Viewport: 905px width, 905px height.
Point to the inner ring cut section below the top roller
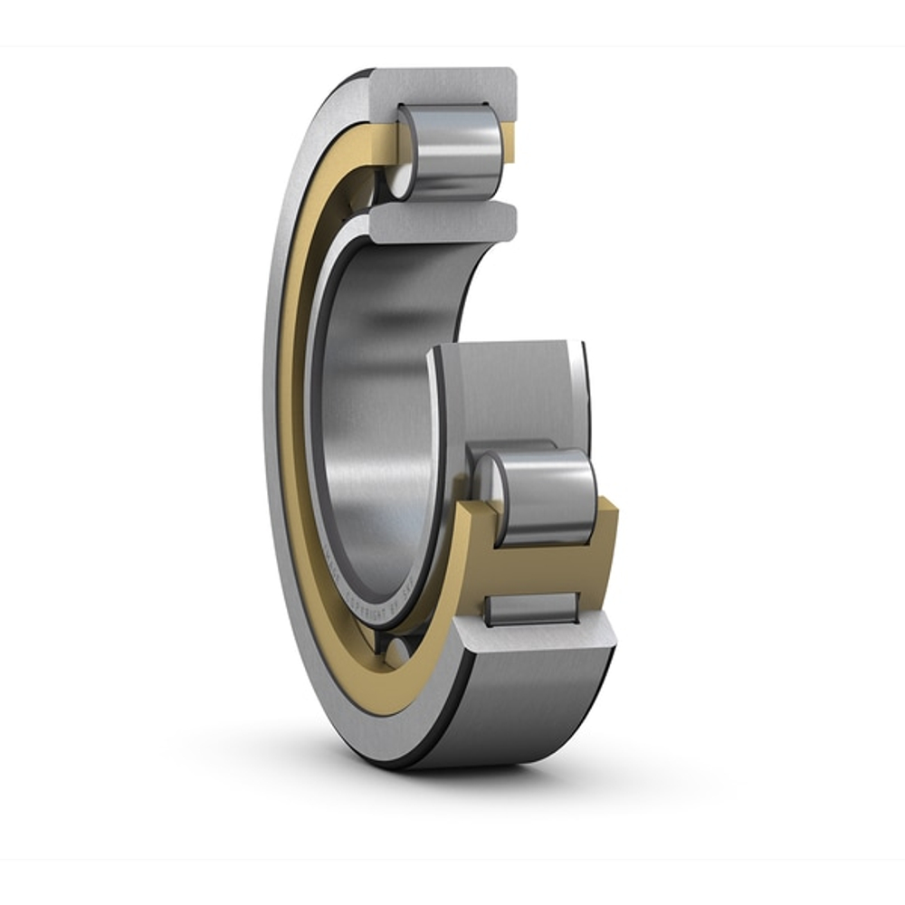(x=443, y=222)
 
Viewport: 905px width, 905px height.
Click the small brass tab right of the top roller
(x=510, y=145)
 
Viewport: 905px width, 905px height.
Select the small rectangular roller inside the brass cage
(x=531, y=608)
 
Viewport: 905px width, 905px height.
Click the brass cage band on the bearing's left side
(x=294, y=407)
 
